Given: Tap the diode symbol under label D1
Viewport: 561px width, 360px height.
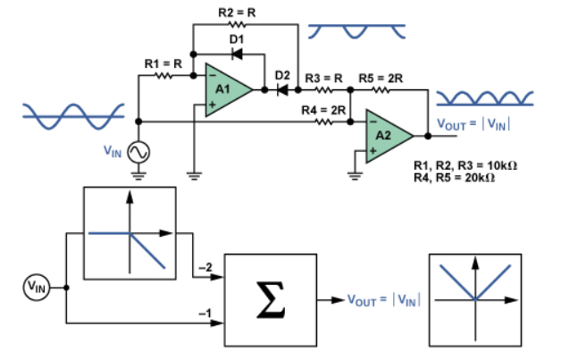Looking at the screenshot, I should pos(237,54).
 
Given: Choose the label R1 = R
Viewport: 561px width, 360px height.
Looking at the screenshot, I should pos(163,63).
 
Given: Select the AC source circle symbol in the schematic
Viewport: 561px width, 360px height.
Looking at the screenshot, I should pos(138,153).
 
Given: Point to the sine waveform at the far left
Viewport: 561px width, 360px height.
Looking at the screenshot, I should pos(67,113).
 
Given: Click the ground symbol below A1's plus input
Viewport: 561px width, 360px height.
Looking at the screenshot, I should pos(194,172).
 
